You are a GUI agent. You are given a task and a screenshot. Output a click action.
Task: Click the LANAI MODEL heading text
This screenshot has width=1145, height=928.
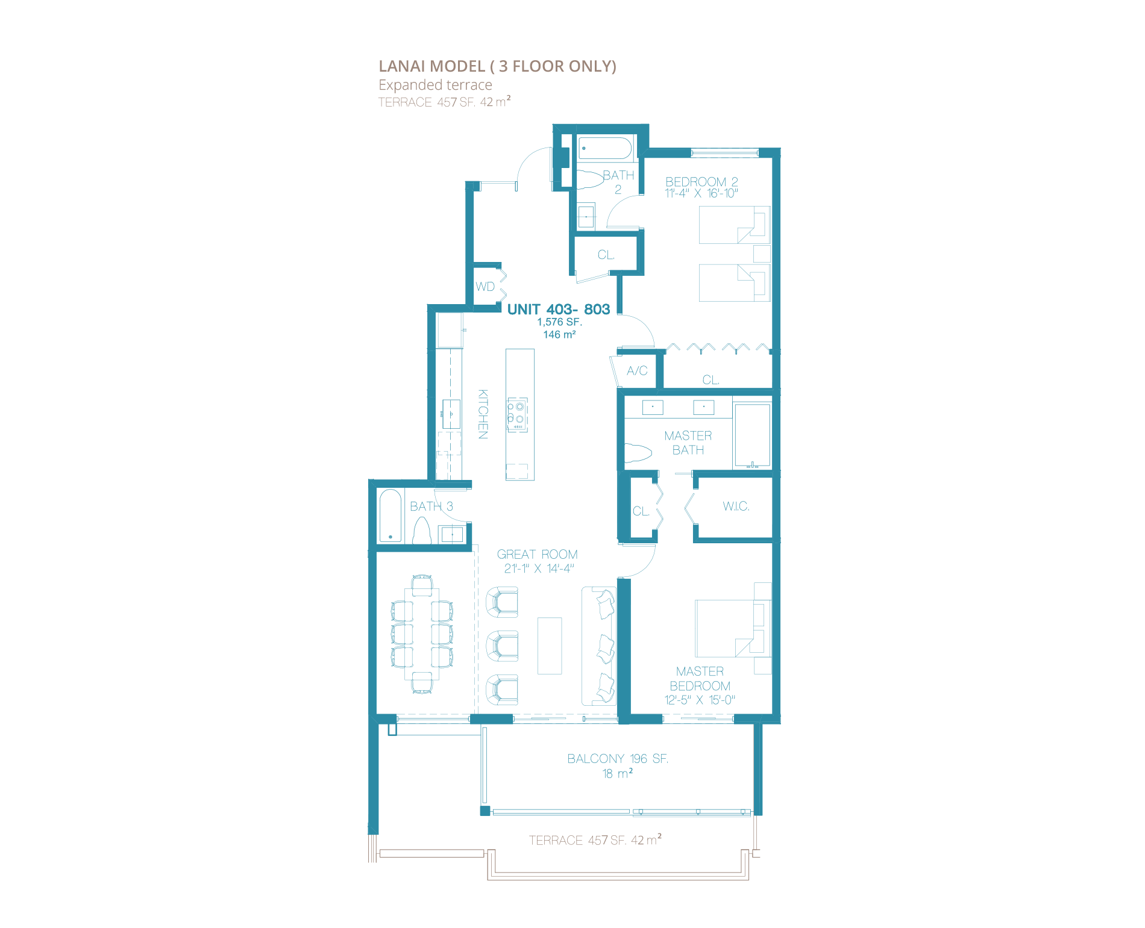click(x=497, y=66)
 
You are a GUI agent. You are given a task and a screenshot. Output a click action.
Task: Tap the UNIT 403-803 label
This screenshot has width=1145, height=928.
click(x=559, y=309)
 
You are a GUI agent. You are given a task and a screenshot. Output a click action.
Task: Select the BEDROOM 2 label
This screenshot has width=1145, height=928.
click(x=701, y=181)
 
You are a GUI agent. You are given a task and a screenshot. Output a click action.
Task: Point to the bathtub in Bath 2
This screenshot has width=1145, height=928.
click(x=605, y=148)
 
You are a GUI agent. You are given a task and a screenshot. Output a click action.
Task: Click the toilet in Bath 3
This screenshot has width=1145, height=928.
click(x=422, y=531)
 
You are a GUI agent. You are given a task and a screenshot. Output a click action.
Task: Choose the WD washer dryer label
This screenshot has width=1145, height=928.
click(x=485, y=287)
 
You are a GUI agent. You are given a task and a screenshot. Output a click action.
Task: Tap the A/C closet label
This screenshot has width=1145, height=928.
click(x=637, y=371)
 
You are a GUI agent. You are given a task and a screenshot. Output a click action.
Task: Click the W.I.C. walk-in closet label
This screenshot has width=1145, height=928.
click(x=736, y=506)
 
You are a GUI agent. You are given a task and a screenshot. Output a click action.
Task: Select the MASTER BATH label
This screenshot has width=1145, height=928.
click(x=688, y=443)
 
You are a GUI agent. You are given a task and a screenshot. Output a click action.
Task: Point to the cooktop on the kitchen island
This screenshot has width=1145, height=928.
click(x=517, y=414)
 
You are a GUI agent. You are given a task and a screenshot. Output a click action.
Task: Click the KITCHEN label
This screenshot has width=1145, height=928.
click(x=483, y=414)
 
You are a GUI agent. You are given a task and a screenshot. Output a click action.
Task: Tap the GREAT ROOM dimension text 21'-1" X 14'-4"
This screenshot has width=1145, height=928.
click(x=539, y=568)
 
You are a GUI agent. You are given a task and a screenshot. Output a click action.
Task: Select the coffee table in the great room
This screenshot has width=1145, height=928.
click(x=550, y=646)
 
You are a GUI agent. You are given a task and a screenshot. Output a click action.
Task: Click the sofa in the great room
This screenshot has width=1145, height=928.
click(x=599, y=646)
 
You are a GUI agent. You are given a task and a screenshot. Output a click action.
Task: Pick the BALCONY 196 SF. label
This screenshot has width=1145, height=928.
click(x=618, y=759)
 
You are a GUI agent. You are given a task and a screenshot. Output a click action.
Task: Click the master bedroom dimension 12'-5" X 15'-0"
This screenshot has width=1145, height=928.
click(x=700, y=700)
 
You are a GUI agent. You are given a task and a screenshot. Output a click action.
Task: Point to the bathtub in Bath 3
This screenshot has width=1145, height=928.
click(x=391, y=516)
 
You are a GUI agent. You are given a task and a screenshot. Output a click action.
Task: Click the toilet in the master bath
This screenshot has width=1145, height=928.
click(x=638, y=453)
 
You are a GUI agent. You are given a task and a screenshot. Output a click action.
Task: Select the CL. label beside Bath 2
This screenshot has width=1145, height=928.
click(x=606, y=255)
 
